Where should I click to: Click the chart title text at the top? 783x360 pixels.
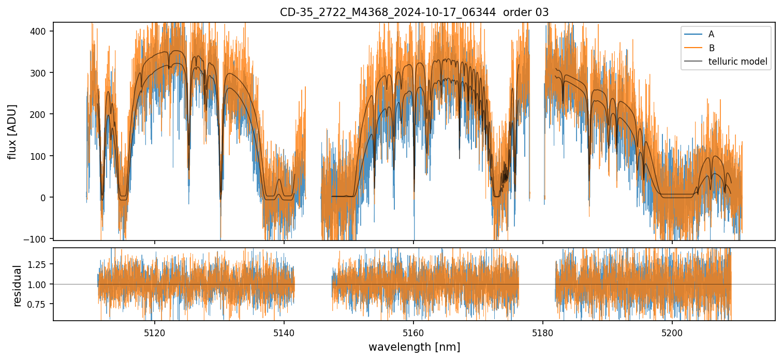click(x=414, y=12)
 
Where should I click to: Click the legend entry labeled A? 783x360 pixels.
click(x=711, y=34)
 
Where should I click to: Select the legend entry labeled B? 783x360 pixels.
click(x=711, y=48)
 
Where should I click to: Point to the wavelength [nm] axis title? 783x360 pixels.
click(x=414, y=347)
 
